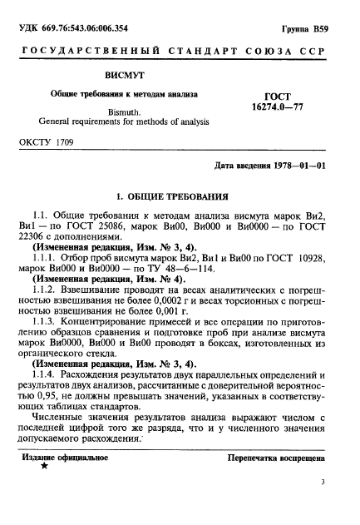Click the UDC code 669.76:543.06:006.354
(82, 30)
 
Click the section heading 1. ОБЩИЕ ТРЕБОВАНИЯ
(172, 197)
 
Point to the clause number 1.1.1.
(46, 257)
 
